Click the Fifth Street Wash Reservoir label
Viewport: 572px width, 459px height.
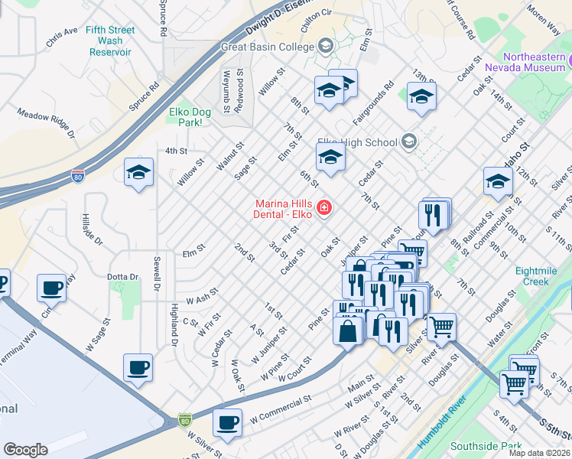[110, 41]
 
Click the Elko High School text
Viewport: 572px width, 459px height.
[357, 142]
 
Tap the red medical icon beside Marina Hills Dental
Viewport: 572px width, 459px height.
[323, 207]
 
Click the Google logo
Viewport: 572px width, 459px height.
[25, 450]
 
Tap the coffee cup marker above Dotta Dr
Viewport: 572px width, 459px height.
[52, 288]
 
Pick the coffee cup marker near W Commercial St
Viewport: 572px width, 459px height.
[227, 422]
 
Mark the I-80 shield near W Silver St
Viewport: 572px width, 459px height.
[184, 419]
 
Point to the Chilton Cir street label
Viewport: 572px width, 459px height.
[316, 13]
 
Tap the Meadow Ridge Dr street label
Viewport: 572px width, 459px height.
[46, 122]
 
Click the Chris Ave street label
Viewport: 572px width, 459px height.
[62, 37]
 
